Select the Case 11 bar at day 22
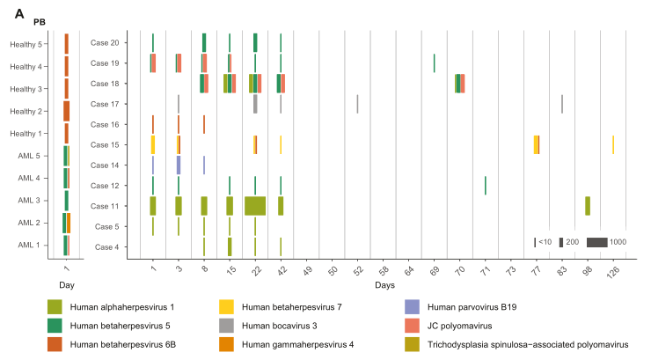point(255,206)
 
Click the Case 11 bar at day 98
point(588,206)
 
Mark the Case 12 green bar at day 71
point(485,185)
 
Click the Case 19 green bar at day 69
point(434,63)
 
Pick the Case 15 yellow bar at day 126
point(613,144)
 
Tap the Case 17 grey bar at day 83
point(562,104)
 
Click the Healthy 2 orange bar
point(66,111)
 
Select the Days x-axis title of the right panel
point(384,286)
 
